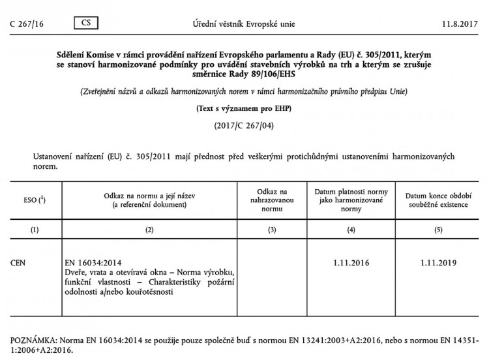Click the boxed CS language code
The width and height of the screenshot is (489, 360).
click(86, 23)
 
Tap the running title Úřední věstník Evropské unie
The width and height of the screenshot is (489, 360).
click(244, 23)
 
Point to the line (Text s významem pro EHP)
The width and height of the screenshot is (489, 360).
click(244, 108)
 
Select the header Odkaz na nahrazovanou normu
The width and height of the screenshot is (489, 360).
click(272, 200)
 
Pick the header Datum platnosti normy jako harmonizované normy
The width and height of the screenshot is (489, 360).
click(351, 200)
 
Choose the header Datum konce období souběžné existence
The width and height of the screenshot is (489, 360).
click(437, 200)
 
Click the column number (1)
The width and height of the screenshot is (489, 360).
click(35, 229)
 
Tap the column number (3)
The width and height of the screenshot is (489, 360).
click(272, 229)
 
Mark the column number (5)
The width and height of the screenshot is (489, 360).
click(437, 229)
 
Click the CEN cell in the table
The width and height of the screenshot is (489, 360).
click(20, 263)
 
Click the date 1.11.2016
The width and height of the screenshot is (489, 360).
click(351, 263)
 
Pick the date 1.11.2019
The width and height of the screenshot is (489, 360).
click(437, 263)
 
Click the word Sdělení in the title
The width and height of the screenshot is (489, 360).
click(73, 57)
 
